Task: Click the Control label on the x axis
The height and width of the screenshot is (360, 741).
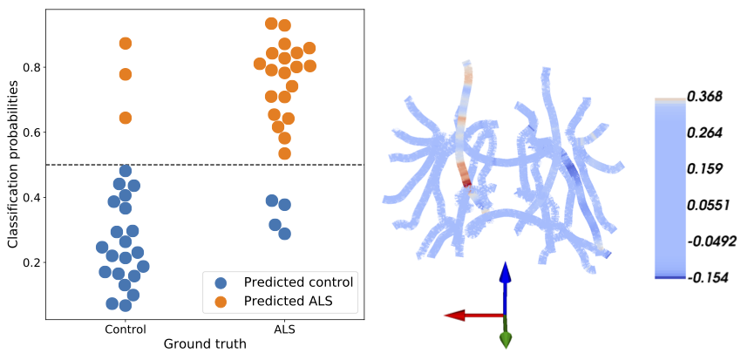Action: (x=126, y=329)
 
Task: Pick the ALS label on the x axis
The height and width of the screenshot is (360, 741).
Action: (x=284, y=329)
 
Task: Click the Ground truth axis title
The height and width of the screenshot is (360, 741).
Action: (x=205, y=344)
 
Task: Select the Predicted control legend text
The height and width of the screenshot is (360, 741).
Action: (x=298, y=282)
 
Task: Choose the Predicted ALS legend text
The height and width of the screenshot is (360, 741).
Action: (x=289, y=301)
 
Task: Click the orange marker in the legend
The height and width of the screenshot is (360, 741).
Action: (x=221, y=301)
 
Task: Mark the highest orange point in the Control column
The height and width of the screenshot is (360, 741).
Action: (x=126, y=44)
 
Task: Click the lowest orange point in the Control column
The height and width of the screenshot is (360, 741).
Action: (x=126, y=118)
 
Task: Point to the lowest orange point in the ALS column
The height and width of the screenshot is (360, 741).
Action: (x=284, y=153)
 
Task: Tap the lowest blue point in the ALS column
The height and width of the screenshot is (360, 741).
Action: (x=284, y=234)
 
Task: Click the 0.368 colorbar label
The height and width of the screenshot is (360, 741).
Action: (x=705, y=97)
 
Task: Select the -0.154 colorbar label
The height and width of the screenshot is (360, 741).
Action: (x=708, y=278)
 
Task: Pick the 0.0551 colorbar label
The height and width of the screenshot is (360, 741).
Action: (x=708, y=206)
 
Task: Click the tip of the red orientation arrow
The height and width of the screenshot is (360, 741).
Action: (x=445, y=316)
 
